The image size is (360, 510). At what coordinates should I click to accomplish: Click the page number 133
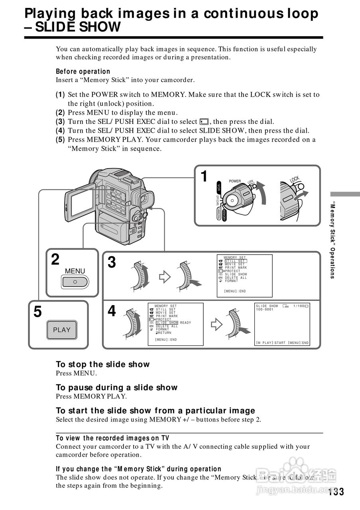coord(336,492)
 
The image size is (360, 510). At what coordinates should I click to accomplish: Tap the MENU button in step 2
coord(75,282)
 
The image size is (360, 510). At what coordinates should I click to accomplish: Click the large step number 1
coord(204,176)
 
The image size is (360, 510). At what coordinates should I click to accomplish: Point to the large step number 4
coord(112,311)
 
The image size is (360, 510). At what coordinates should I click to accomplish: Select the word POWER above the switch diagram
coord(235,181)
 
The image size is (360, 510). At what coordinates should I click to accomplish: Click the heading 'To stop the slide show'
coord(102,364)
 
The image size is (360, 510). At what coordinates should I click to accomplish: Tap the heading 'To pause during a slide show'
coord(116,387)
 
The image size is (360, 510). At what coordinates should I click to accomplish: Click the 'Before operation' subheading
coord(83,72)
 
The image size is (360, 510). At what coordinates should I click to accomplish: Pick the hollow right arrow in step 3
coord(165,277)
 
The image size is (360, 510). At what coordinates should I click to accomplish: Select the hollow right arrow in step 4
coord(216,325)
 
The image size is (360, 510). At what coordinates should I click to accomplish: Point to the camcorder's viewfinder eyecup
coord(146,199)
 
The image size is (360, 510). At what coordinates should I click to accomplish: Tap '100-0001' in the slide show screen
coord(265,310)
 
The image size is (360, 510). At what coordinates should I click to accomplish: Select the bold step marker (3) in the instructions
coord(60,122)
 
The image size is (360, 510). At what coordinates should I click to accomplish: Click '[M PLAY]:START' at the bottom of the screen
coord(270,343)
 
